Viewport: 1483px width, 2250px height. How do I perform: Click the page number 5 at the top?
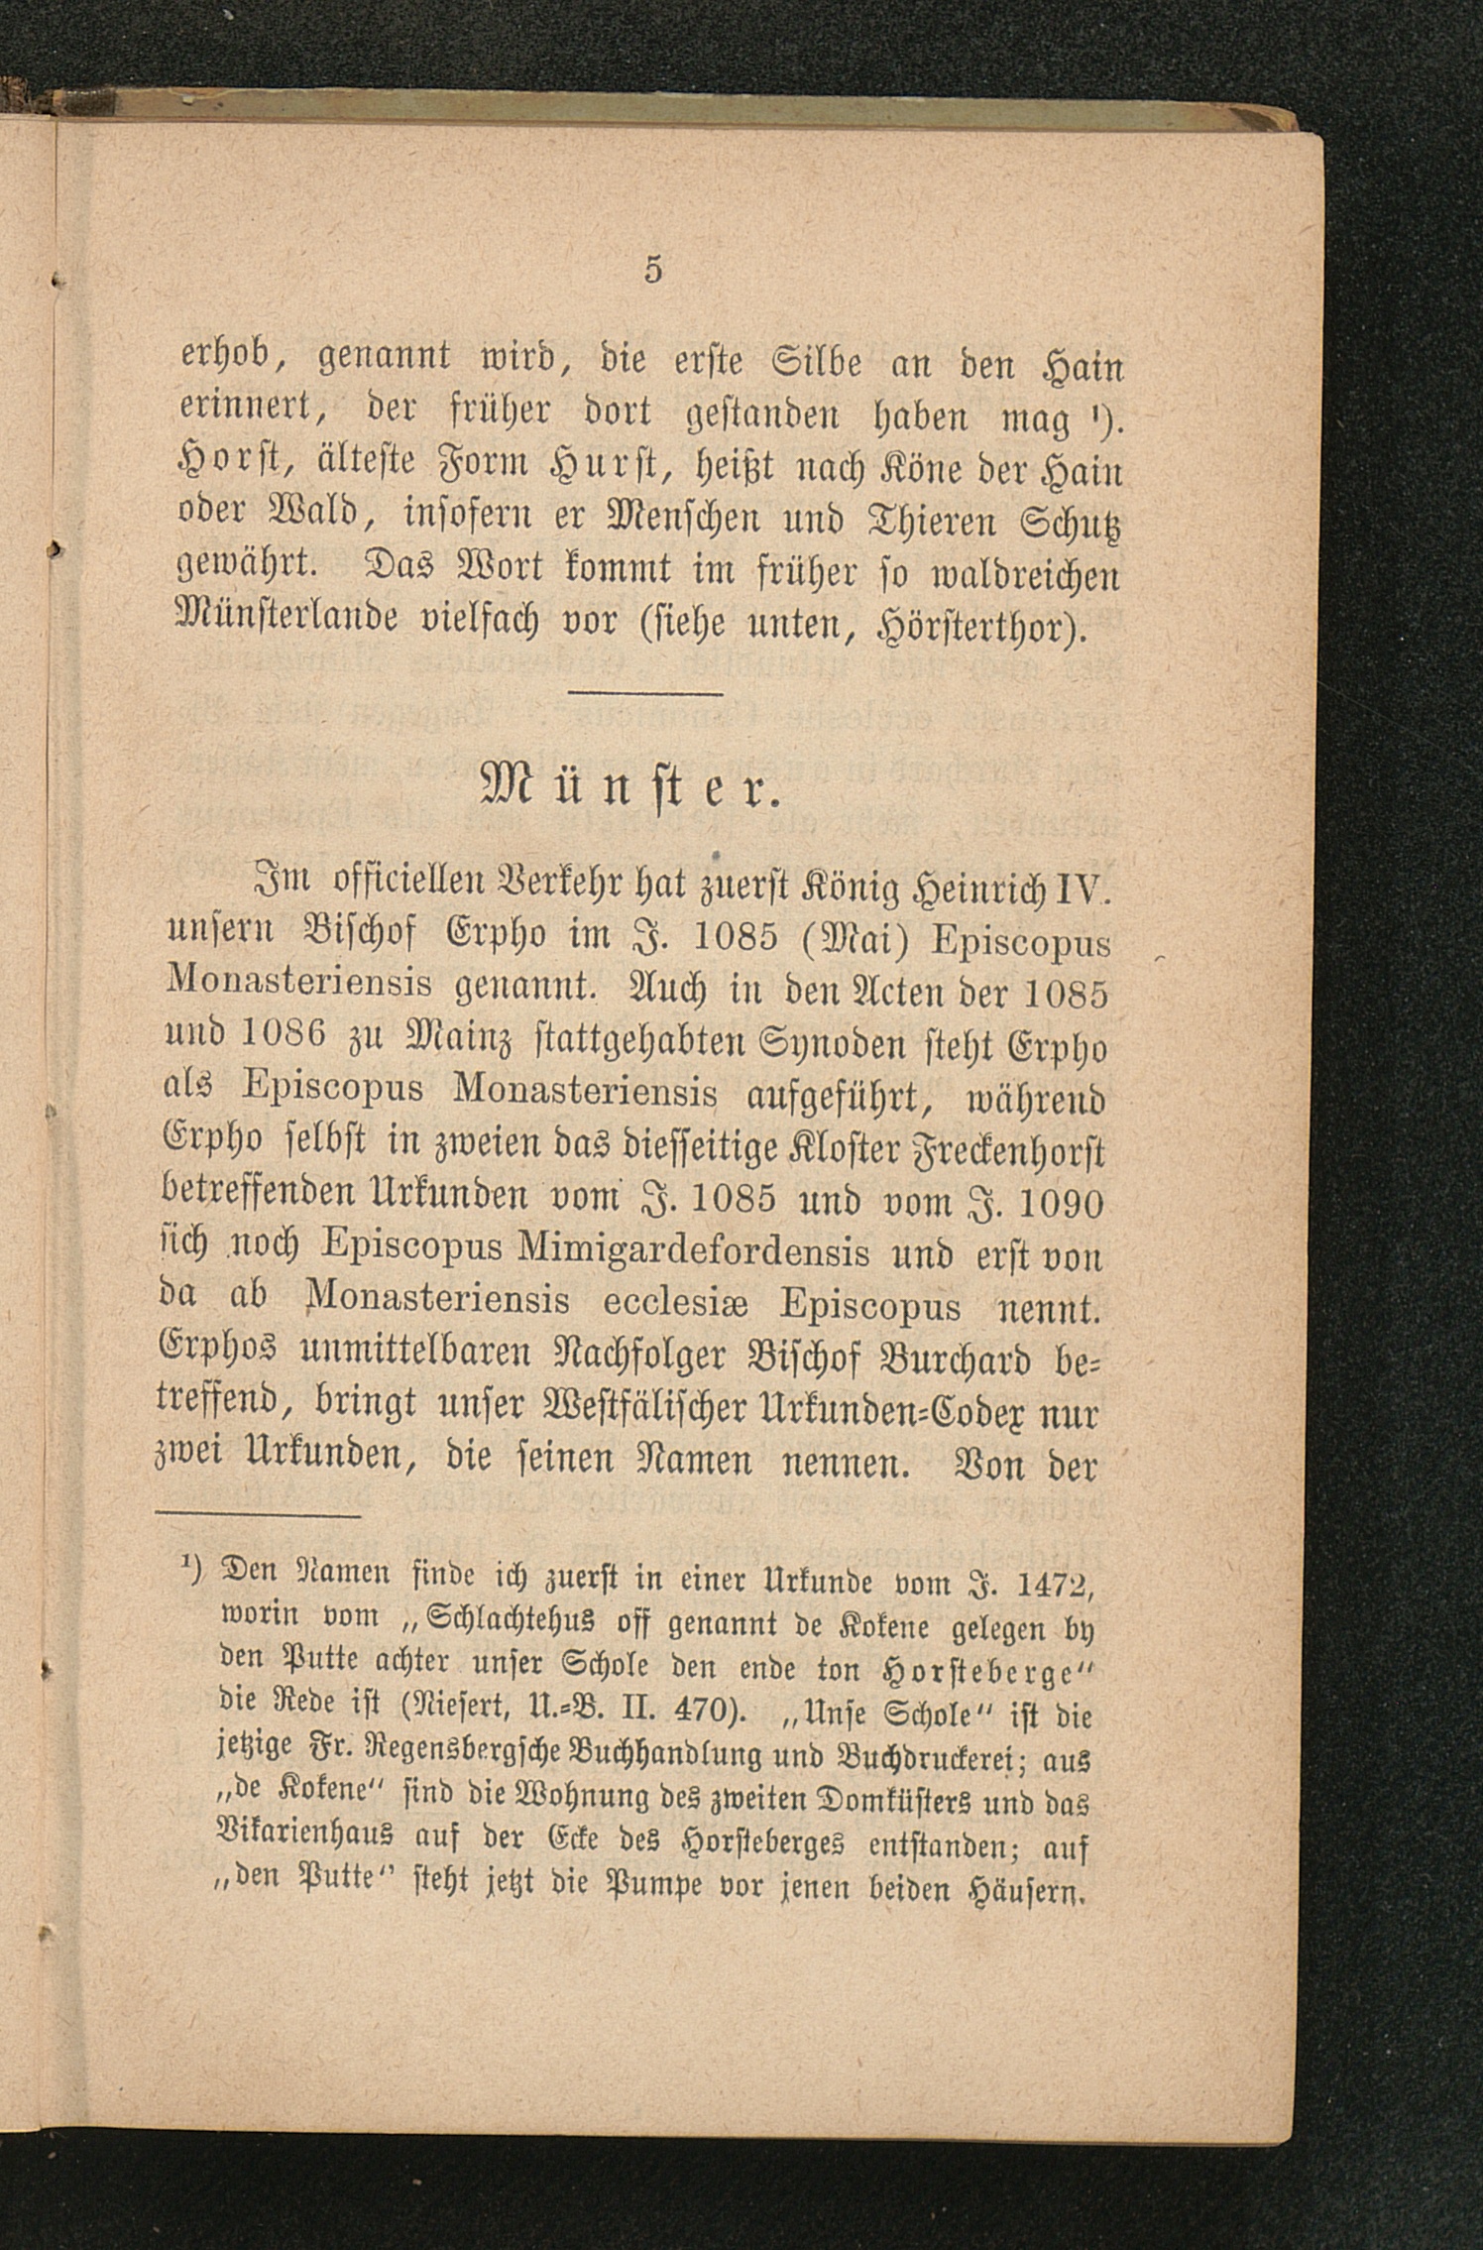click(652, 270)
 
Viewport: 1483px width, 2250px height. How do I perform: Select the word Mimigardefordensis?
click(693, 1253)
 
